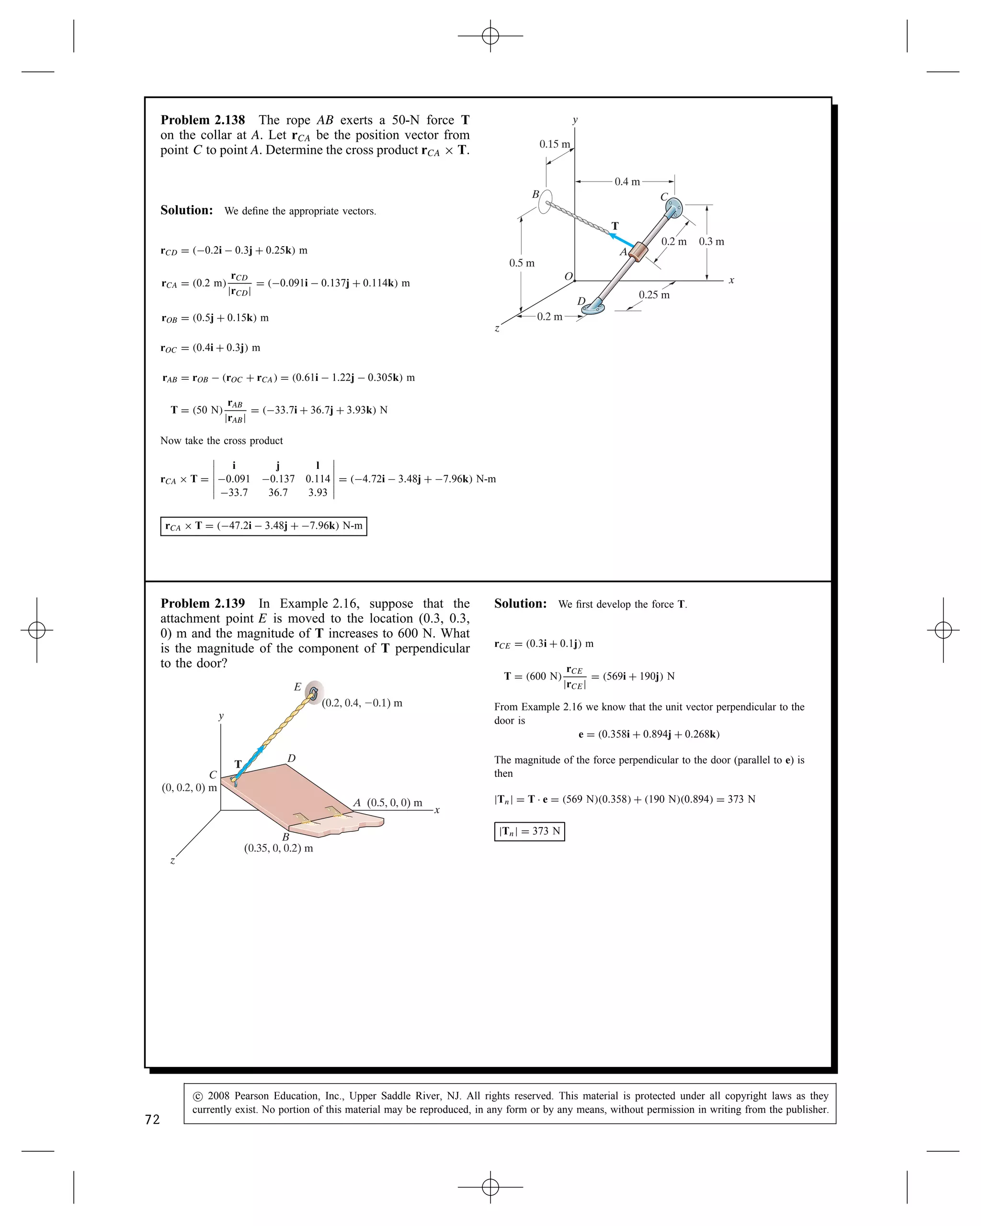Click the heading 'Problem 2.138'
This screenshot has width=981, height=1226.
[x=203, y=120]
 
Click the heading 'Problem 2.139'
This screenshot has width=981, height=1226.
[x=203, y=603]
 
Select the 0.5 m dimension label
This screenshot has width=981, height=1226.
[x=522, y=263]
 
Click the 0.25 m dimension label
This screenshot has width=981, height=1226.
[x=654, y=295]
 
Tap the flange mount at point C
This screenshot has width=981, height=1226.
[x=674, y=209]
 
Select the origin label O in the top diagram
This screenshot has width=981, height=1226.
[x=568, y=276]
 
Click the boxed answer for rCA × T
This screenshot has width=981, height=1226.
[x=263, y=526]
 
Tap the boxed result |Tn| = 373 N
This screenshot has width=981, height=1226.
[x=529, y=831]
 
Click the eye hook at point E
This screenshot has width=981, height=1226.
[x=313, y=692]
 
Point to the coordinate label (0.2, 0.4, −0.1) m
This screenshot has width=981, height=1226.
[x=362, y=704]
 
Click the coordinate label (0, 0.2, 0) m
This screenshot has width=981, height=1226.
[x=189, y=788]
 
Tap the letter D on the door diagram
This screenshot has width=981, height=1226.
[x=291, y=759]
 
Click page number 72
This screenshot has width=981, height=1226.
[x=152, y=1120]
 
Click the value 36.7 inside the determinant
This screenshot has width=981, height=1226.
[x=278, y=492]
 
